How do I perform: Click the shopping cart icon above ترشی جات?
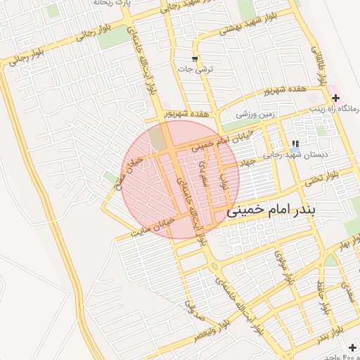click(x=194, y=58)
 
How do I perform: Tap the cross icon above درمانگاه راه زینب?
click(x=335, y=97)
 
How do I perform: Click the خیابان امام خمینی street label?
click(x=199, y=146)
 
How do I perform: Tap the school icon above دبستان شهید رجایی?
click(x=294, y=143)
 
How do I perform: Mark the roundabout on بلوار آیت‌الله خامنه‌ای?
click(x=213, y=265)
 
